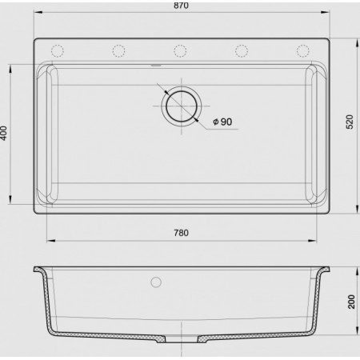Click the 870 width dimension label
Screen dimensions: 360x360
tap(181, 6)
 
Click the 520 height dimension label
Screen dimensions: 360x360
tap(350, 122)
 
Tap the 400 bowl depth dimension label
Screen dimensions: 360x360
tap(4, 133)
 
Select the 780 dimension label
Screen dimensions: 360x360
tap(181, 233)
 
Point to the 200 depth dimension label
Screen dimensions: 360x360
tap(351, 302)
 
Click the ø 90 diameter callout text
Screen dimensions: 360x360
tap(222, 122)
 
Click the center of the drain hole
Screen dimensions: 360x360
tap(182, 106)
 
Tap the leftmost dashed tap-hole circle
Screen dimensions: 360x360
tap(58, 51)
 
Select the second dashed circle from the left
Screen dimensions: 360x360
tap(118, 51)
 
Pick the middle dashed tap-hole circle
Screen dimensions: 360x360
tap(180, 51)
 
